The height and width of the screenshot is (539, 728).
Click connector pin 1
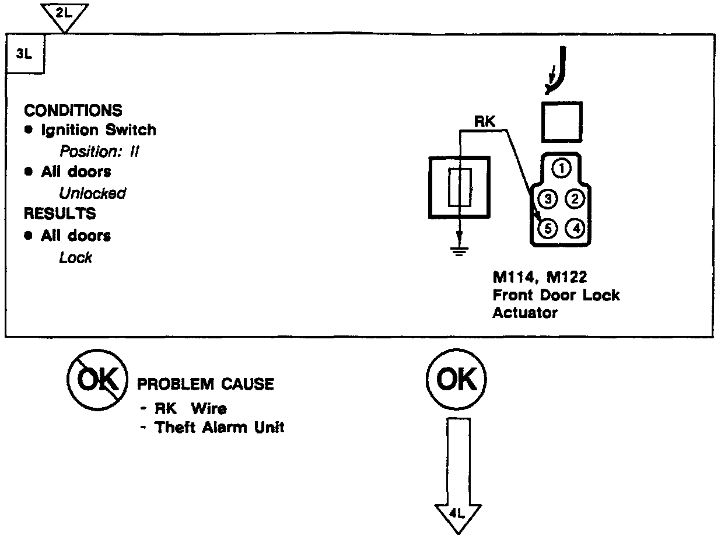tap(561, 169)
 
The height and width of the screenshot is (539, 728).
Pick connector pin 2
tap(575, 199)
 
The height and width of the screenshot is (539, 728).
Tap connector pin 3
tap(548, 199)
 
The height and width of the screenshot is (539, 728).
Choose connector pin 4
tap(575, 228)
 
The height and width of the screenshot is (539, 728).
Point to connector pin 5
tap(548, 228)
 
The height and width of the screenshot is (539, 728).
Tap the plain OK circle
tap(457, 380)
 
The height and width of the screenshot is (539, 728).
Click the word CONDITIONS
tap(73, 110)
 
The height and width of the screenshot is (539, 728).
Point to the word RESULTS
tap(60, 213)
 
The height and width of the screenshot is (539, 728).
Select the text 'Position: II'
tap(99, 152)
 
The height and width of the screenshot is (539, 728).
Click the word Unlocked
tap(92, 193)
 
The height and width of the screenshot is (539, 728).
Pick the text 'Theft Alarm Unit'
tap(219, 428)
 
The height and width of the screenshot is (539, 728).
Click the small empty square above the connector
tap(561, 122)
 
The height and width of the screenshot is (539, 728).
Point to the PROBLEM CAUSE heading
tap(205, 384)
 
